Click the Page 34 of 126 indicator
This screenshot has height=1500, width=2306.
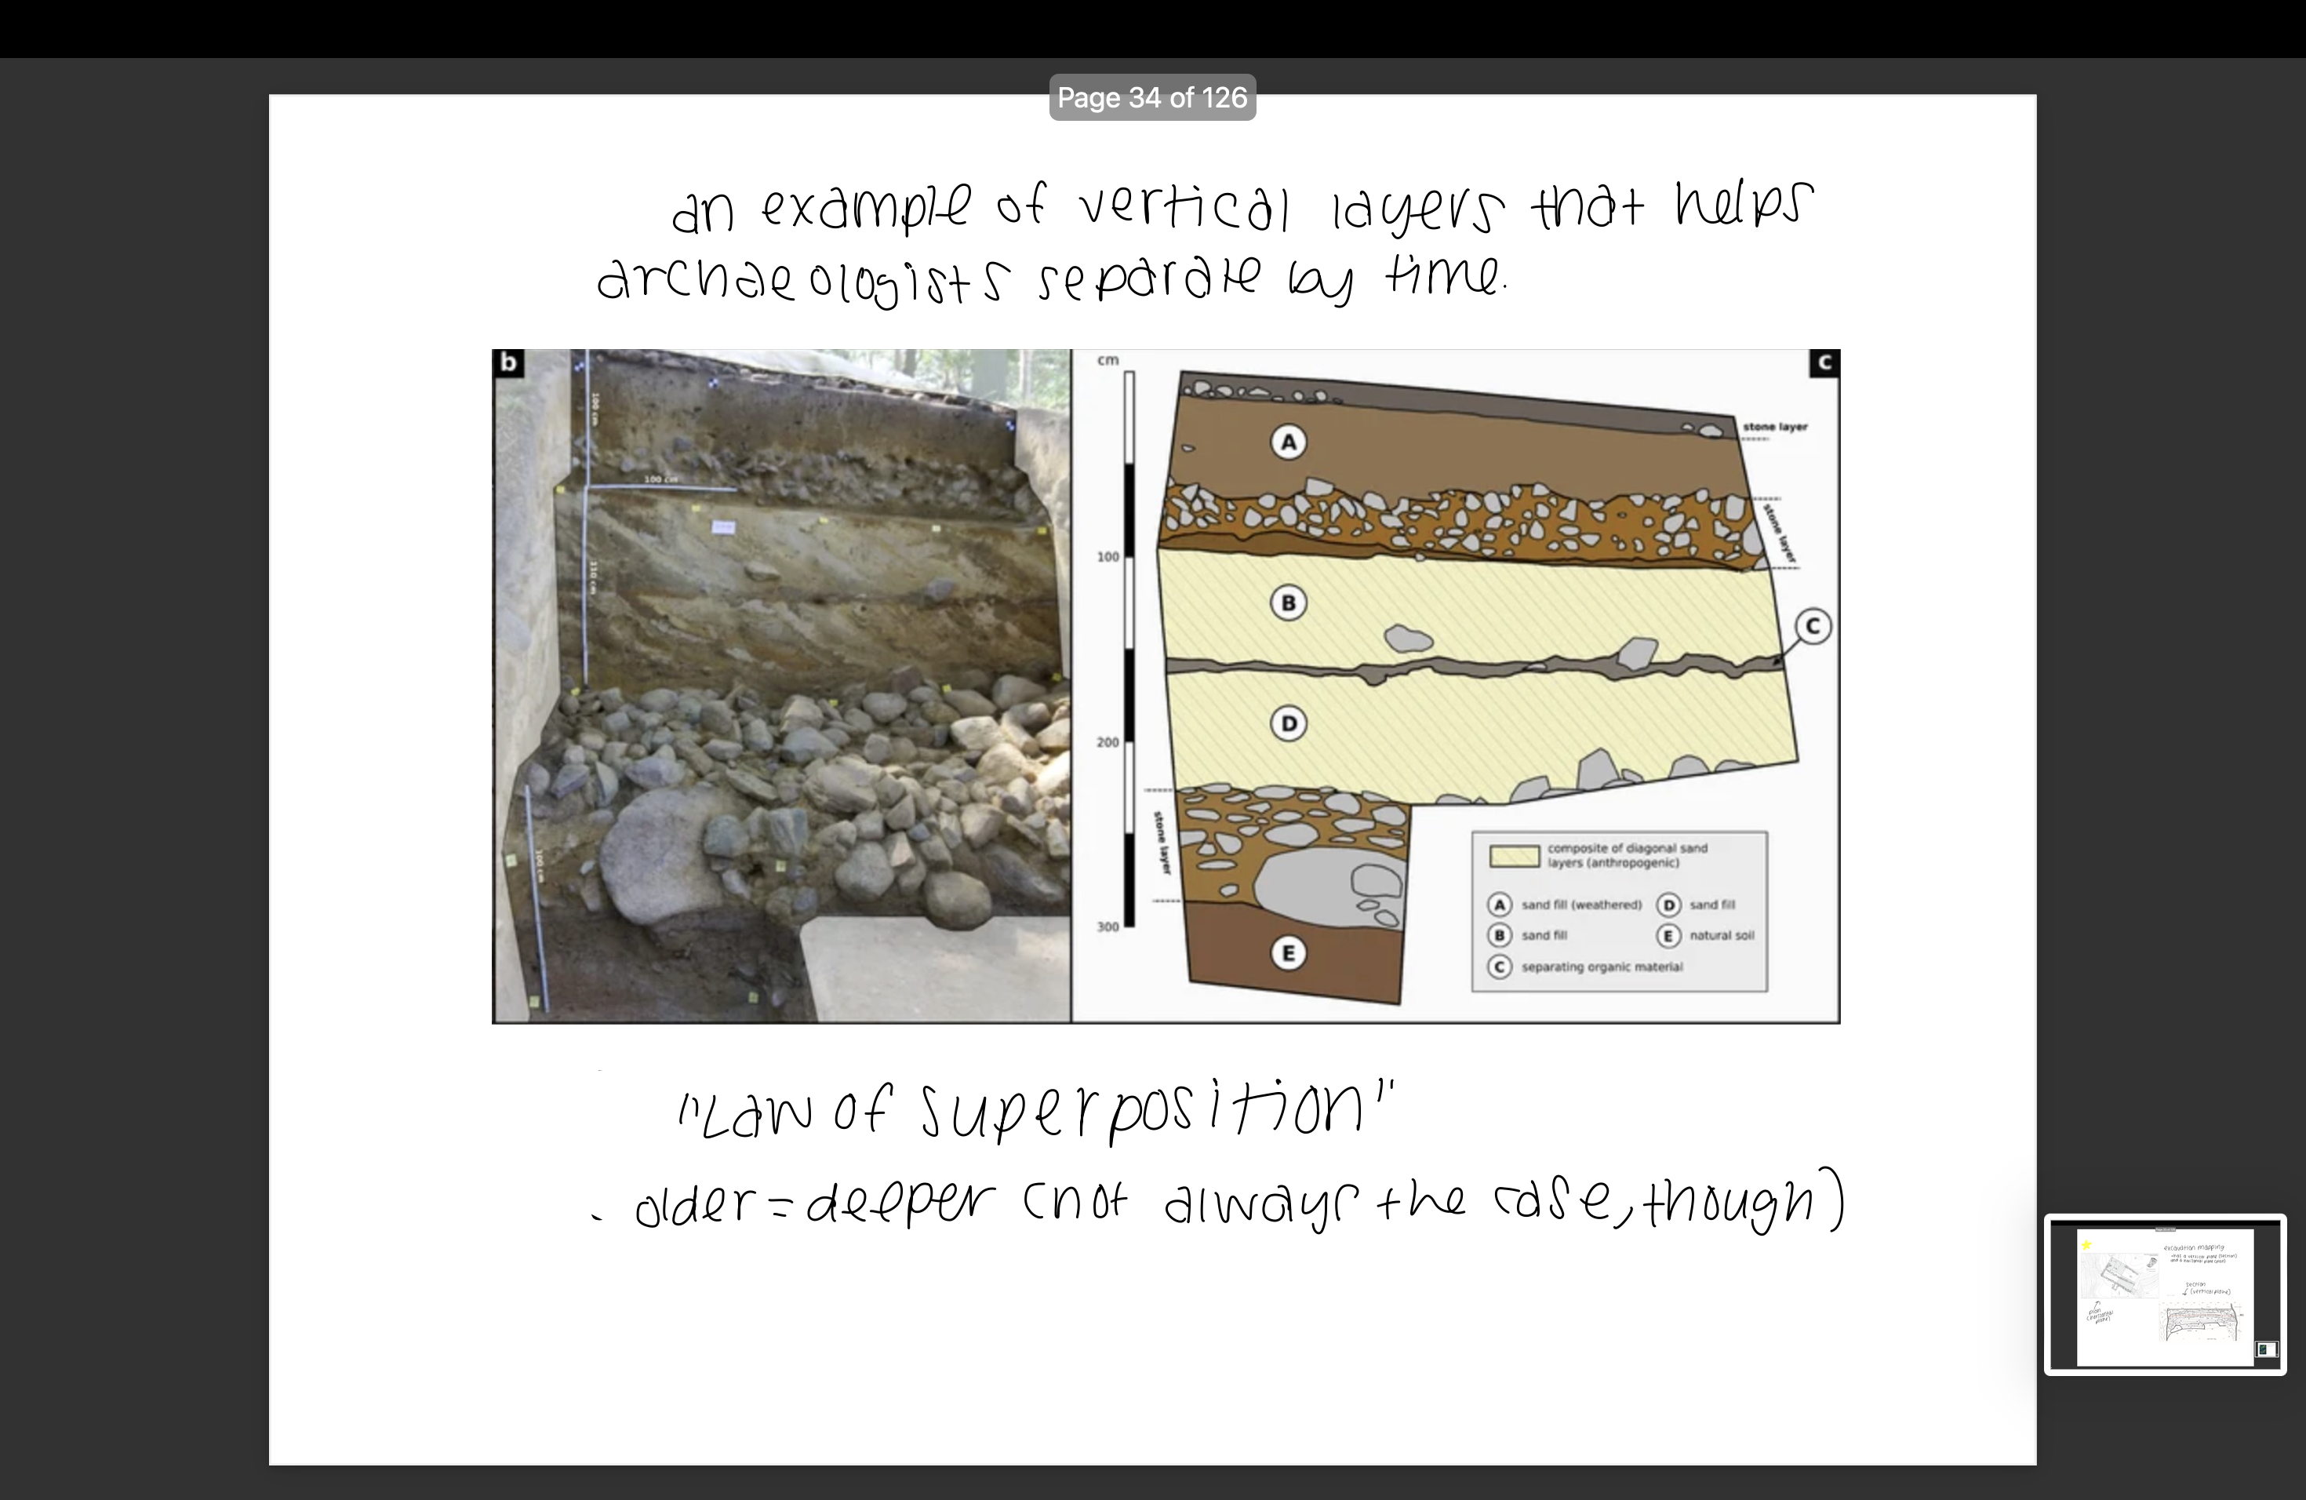(1152, 98)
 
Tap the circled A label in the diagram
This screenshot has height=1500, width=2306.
(1288, 442)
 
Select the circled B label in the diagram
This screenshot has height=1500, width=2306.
(1288, 603)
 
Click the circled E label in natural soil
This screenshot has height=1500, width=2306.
(1288, 953)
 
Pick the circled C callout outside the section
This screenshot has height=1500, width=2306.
(1813, 626)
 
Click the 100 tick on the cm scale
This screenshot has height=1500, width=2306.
(1108, 557)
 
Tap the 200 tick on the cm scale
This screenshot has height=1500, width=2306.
(1108, 742)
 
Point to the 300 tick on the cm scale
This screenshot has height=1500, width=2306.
(1108, 927)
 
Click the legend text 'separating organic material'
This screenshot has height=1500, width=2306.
(1602, 967)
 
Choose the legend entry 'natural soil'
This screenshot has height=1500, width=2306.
(1721, 935)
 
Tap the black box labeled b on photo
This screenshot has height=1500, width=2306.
(507, 363)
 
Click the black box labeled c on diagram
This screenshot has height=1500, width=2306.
(1824, 363)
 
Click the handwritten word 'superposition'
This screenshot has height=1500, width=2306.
(1144, 1112)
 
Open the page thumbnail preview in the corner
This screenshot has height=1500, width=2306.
(2165, 1294)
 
